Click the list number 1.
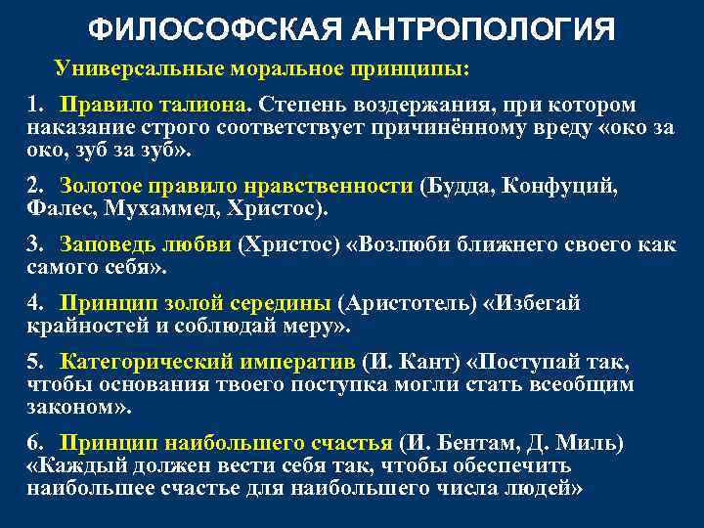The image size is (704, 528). (x=35, y=105)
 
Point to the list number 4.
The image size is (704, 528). (x=35, y=303)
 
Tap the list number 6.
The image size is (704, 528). (x=35, y=443)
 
